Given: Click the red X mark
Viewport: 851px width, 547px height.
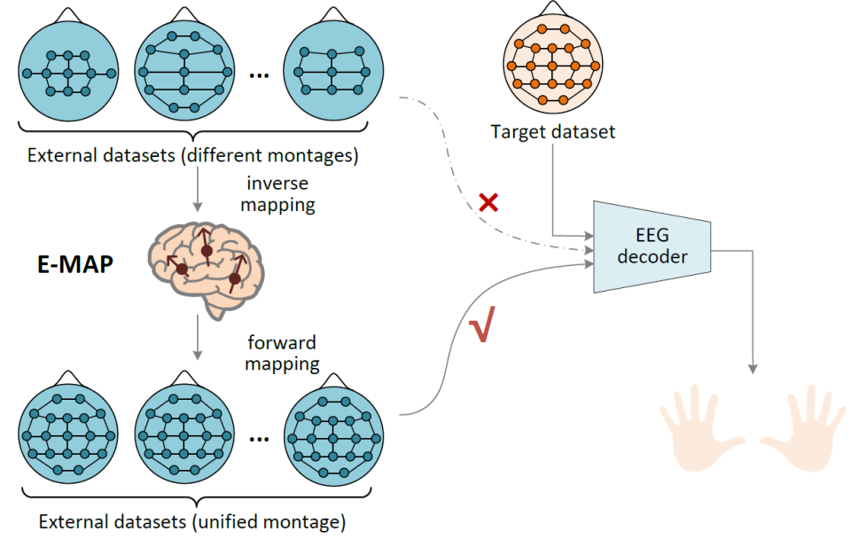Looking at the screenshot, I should coord(488,202).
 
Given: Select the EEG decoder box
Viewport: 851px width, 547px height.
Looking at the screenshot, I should coord(652,246).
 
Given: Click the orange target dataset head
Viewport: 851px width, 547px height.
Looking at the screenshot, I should coord(553,65).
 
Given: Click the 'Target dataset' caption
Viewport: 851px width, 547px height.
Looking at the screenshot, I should coord(553,133).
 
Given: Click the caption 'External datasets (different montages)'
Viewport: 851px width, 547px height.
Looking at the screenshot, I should coord(192,157).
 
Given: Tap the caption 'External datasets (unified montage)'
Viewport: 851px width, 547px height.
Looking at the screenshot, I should coord(192,521).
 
